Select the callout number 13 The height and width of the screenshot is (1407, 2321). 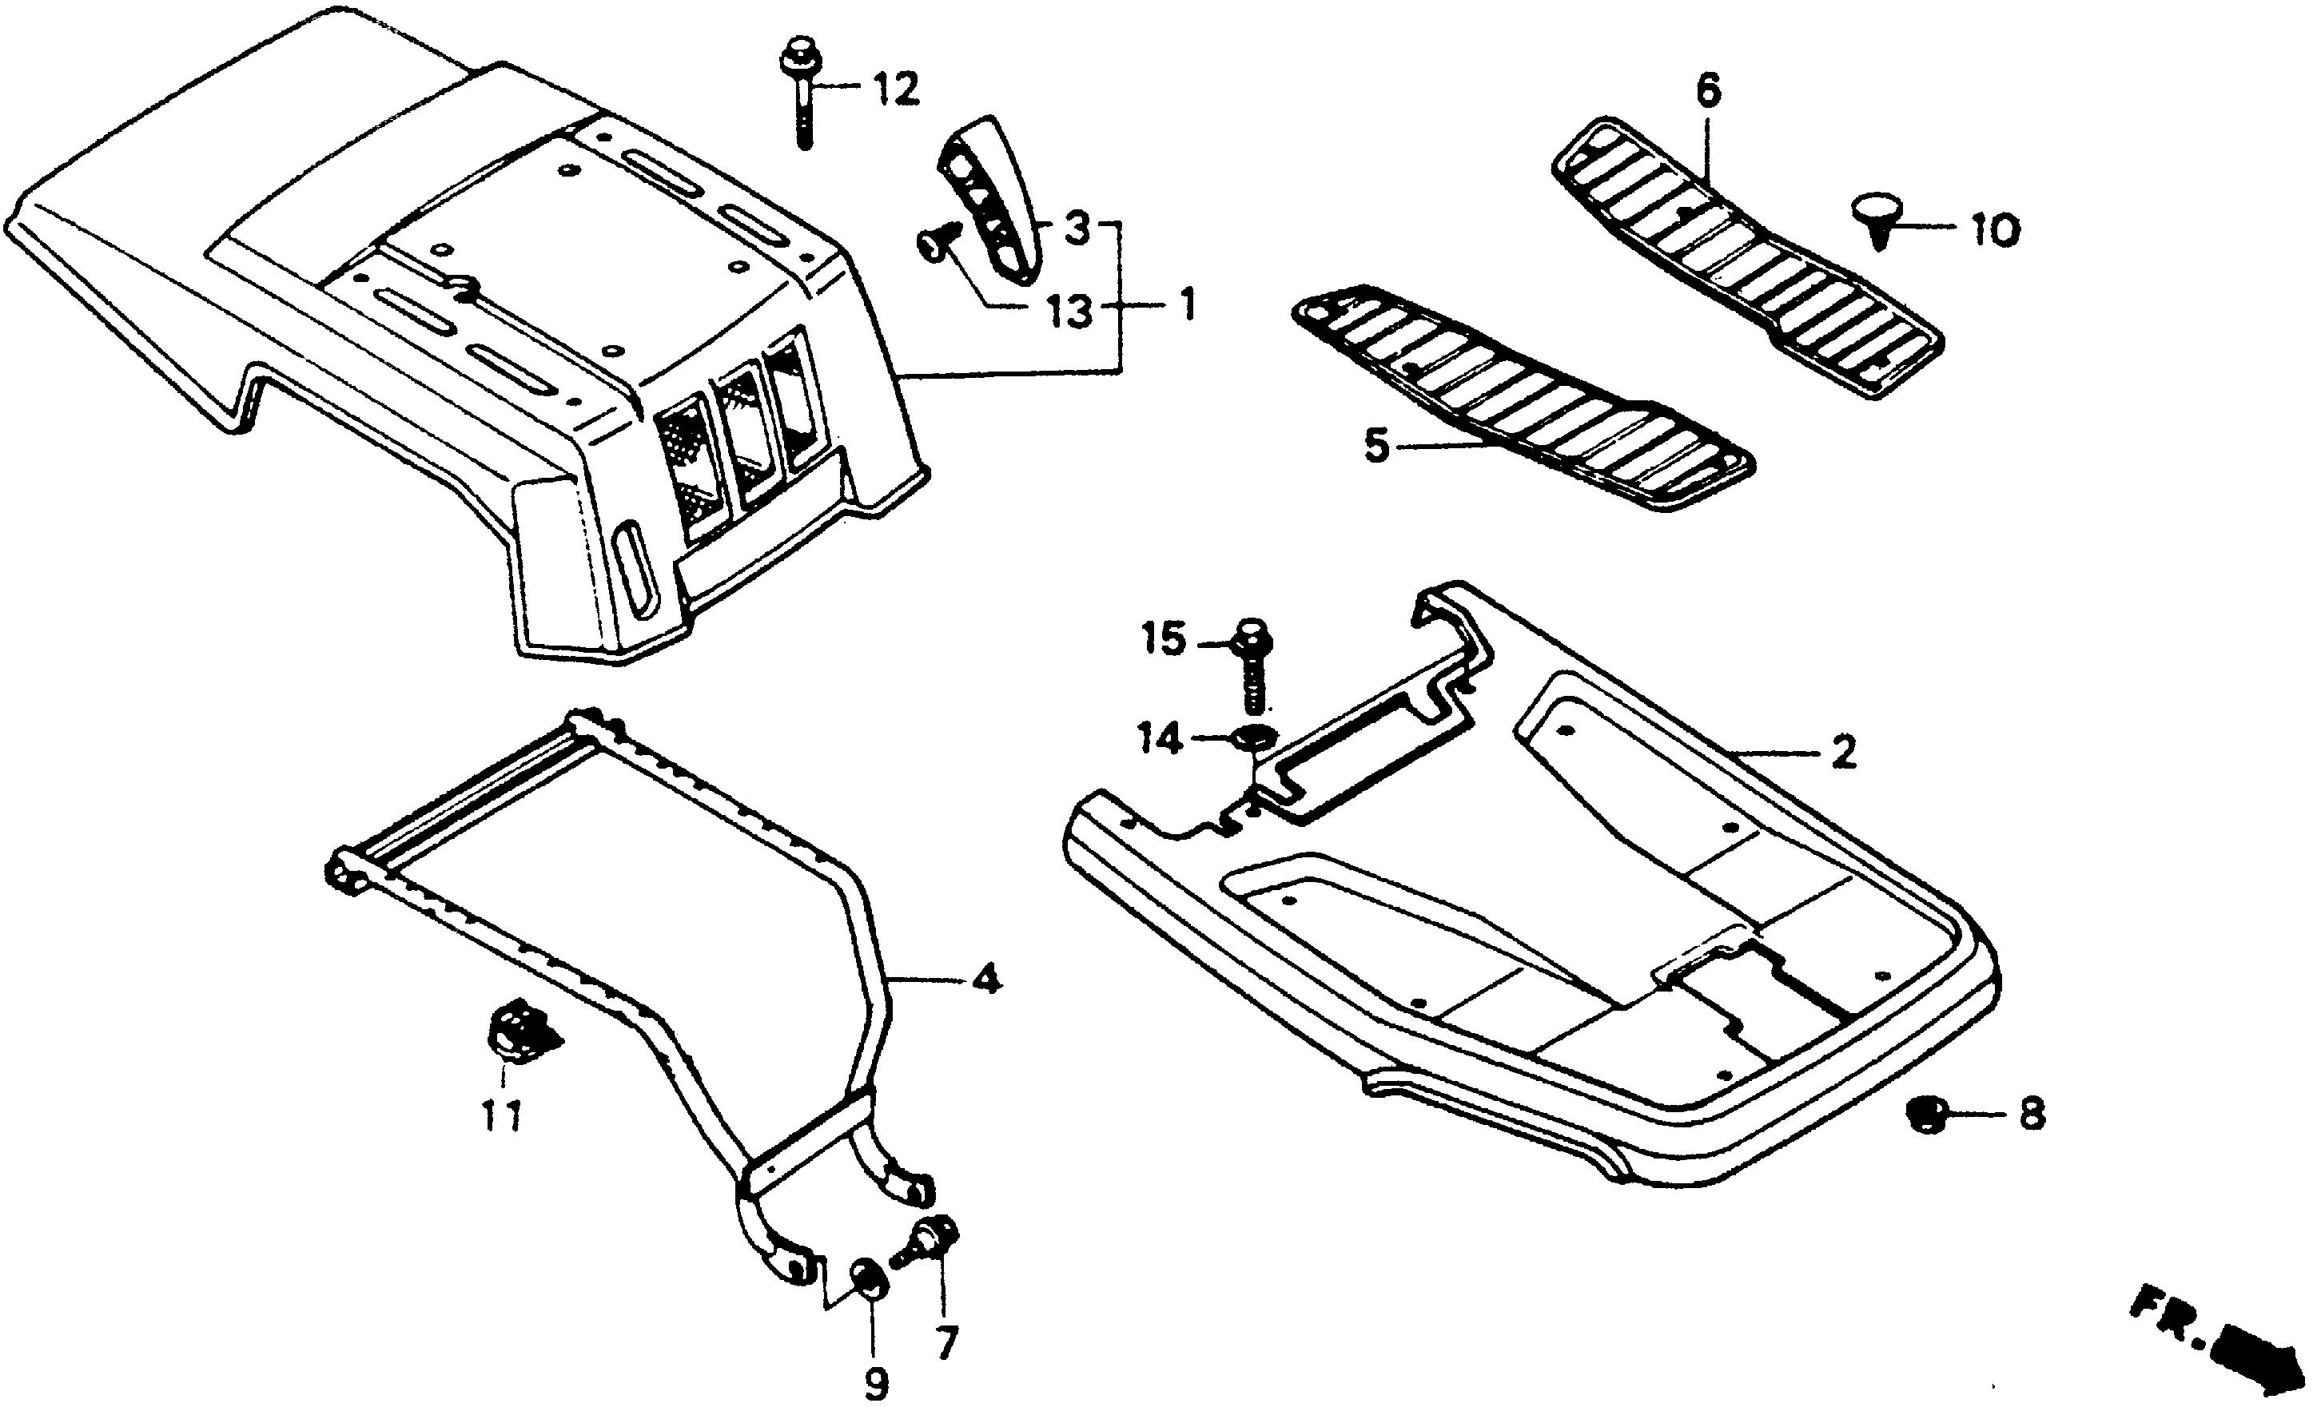click(x=1070, y=312)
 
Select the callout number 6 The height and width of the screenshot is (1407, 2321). click(x=1707, y=91)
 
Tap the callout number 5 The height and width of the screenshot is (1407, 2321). click(x=1377, y=446)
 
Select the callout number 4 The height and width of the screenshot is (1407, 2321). click(x=985, y=981)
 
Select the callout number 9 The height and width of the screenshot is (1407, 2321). click(x=876, y=1382)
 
